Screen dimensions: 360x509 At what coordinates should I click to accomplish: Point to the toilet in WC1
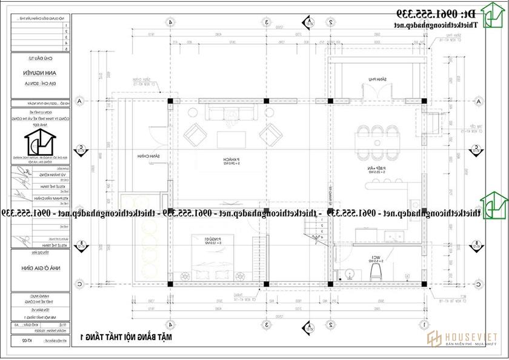coord(376,267)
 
